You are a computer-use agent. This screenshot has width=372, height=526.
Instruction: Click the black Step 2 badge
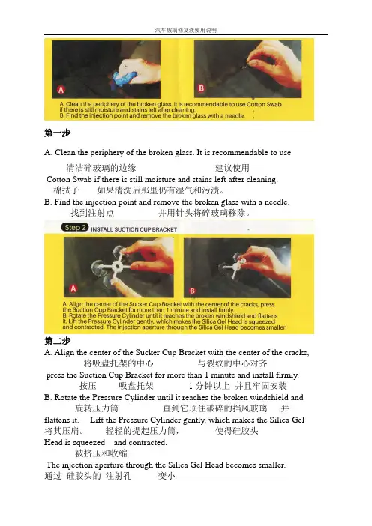74,228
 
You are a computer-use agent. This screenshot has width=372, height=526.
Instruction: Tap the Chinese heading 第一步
57,133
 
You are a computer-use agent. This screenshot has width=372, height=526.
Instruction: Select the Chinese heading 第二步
57,341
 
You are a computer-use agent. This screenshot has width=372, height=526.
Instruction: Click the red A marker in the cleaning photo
61,90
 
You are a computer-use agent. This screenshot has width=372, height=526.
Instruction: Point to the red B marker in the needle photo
202,88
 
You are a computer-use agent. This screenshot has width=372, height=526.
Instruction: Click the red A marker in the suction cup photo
73,288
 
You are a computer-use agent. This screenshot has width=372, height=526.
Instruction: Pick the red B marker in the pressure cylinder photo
193,291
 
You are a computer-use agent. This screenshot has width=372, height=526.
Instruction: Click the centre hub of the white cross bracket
118,267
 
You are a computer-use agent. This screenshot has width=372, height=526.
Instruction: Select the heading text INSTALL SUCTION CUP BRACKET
134,229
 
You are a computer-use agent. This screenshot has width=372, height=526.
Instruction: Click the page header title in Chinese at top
186,30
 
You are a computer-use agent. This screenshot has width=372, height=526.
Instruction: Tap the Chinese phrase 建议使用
232,168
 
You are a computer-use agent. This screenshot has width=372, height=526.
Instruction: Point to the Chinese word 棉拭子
67,190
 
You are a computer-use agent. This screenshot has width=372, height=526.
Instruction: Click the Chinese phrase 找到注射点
92,213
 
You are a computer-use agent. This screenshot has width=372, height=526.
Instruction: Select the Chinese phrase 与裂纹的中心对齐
232,363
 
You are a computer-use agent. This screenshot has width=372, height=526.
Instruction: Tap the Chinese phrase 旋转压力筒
97,408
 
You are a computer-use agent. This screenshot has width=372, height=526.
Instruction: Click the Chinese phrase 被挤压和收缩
101,453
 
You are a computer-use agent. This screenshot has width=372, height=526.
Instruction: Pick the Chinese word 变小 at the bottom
166,476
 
